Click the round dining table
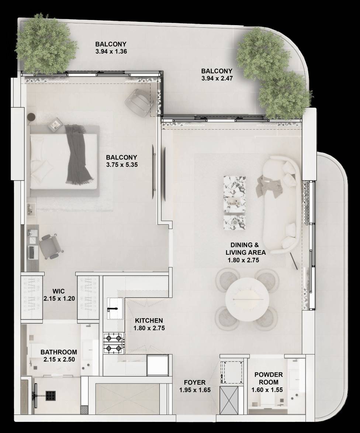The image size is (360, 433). (x=247, y=300)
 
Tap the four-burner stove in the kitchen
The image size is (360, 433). (x=114, y=343)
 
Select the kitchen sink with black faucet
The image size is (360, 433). (x=115, y=308)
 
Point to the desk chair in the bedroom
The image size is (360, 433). (x=51, y=246)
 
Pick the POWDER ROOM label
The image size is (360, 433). (x=269, y=378)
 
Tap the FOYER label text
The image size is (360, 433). (x=195, y=382)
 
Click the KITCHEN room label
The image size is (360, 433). (x=149, y=321)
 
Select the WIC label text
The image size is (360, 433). (x=59, y=291)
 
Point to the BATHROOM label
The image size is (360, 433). (x=59, y=352)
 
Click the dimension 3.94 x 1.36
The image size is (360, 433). (x=111, y=51)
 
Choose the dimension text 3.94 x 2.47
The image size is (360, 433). (x=217, y=78)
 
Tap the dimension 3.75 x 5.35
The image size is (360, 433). (x=122, y=165)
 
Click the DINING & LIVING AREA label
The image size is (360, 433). (x=246, y=248)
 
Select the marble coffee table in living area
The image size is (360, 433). (x=235, y=202)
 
